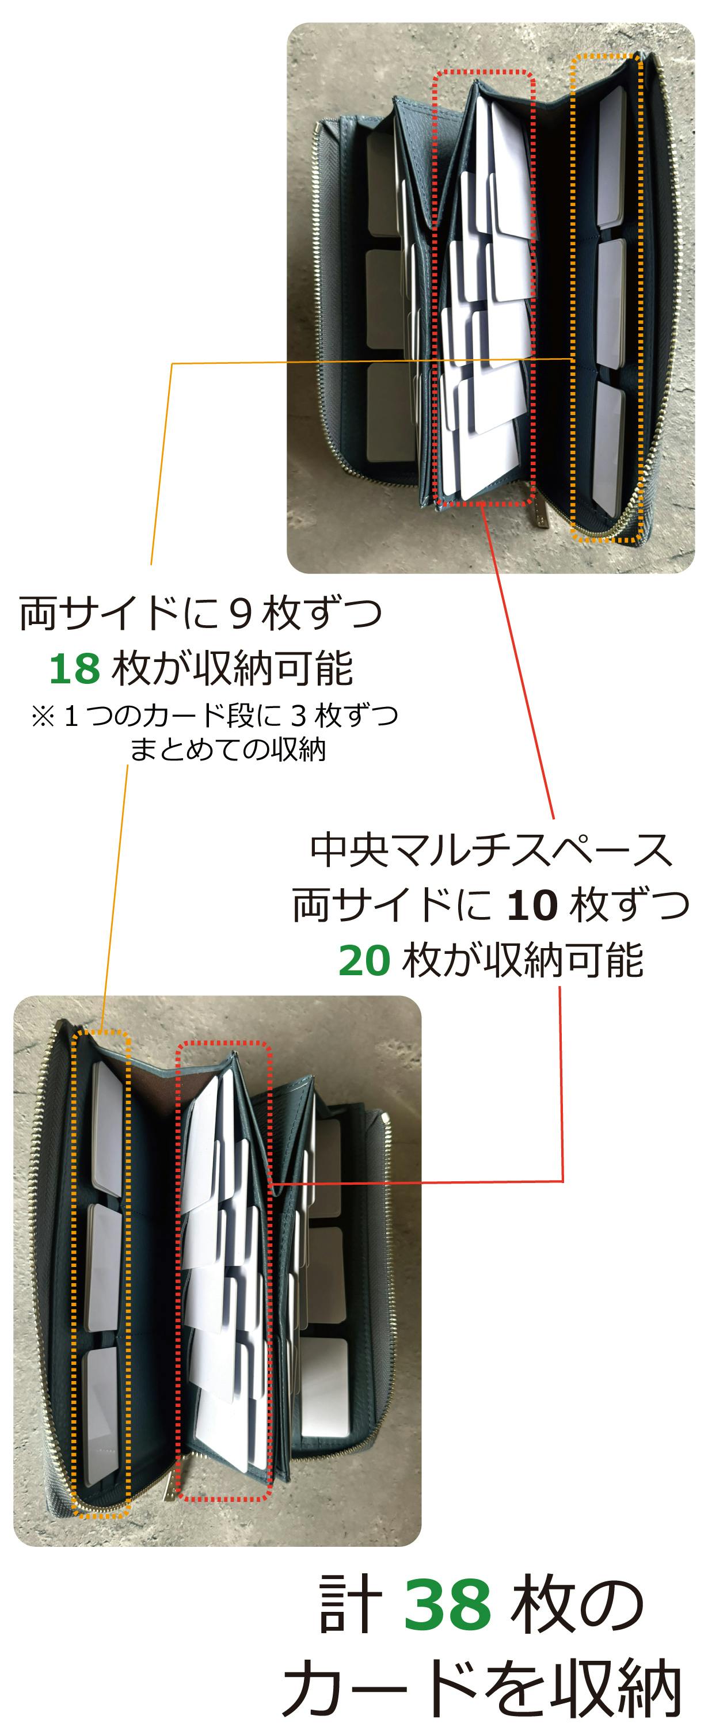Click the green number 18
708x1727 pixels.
[74, 668]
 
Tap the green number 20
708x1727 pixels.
[364, 960]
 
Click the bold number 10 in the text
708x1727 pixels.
[532, 904]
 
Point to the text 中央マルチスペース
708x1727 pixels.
[492, 850]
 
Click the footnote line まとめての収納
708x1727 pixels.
[228, 749]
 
